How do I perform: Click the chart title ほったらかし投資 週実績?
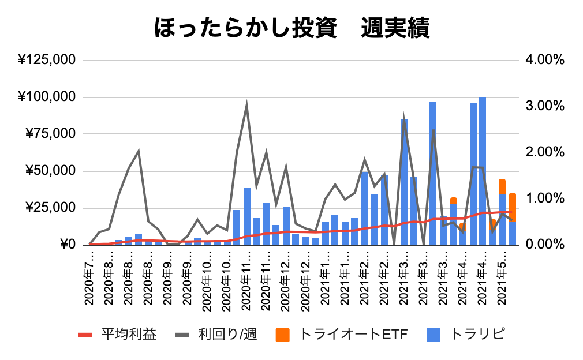[x=291, y=27]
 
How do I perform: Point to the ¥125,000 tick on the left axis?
[x=47, y=60]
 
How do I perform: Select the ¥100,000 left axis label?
[x=47, y=97]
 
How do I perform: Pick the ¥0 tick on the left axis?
[x=66, y=245]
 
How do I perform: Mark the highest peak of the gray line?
[x=247, y=105]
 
